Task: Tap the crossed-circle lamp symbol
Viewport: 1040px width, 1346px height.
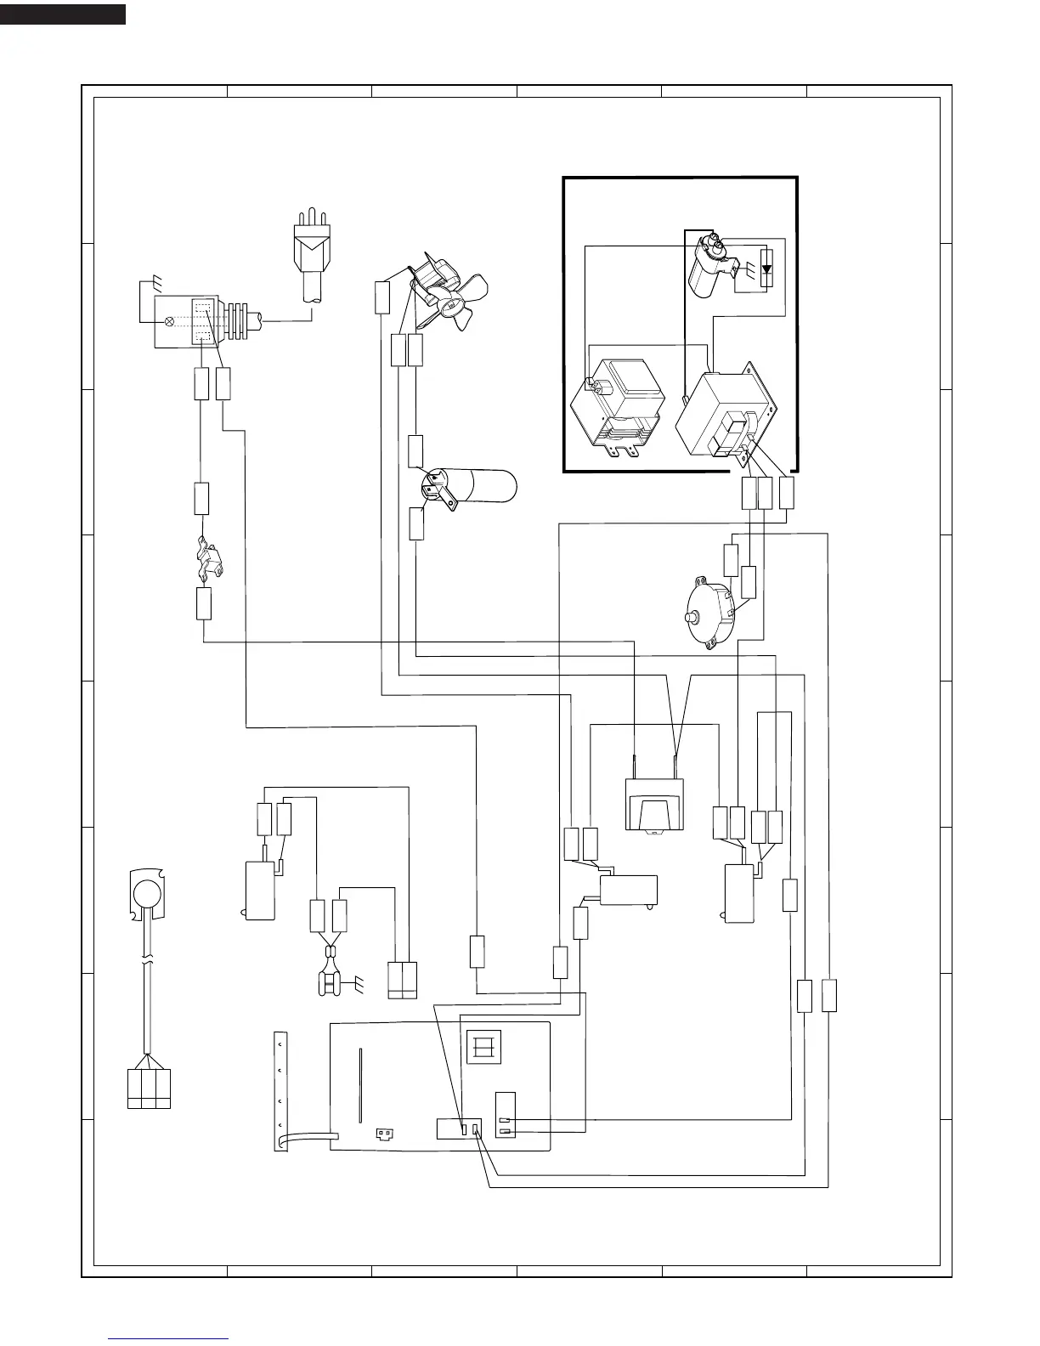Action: coord(169,322)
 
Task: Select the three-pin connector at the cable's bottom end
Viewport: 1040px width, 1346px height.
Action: coord(149,1089)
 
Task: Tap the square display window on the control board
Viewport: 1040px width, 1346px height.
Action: coord(483,1047)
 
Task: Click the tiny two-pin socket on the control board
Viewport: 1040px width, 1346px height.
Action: coord(385,1133)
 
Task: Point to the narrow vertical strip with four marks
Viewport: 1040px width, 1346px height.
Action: coord(280,1092)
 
